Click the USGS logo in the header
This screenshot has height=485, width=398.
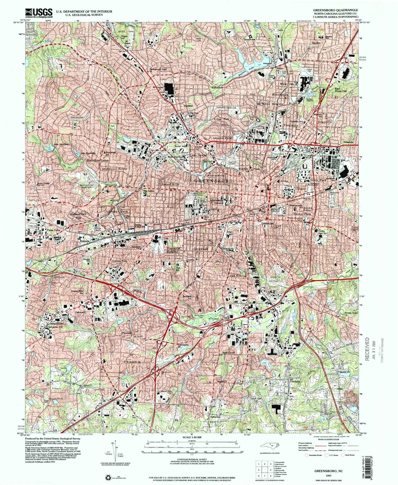[x=36, y=12]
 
